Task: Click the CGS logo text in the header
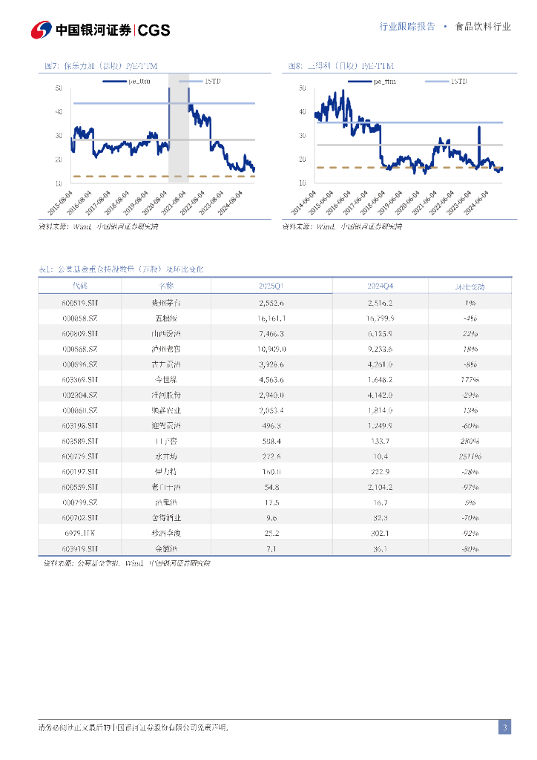pos(154,30)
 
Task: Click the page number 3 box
pos(504,727)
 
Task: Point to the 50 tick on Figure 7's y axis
pos(58,88)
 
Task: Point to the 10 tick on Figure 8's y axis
pos(302,183)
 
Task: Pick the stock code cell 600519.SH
pos(80,303)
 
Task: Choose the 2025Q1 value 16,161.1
pos(271,318)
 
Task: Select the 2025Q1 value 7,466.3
pos(271,333)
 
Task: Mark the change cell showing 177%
pos(470,379)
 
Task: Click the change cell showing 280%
pos(470,440)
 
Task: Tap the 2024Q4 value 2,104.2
pos(380,487)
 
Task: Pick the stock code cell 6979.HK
pos(80,533)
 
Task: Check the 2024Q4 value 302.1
pos(380,533)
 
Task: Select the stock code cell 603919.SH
pos(80,548)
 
